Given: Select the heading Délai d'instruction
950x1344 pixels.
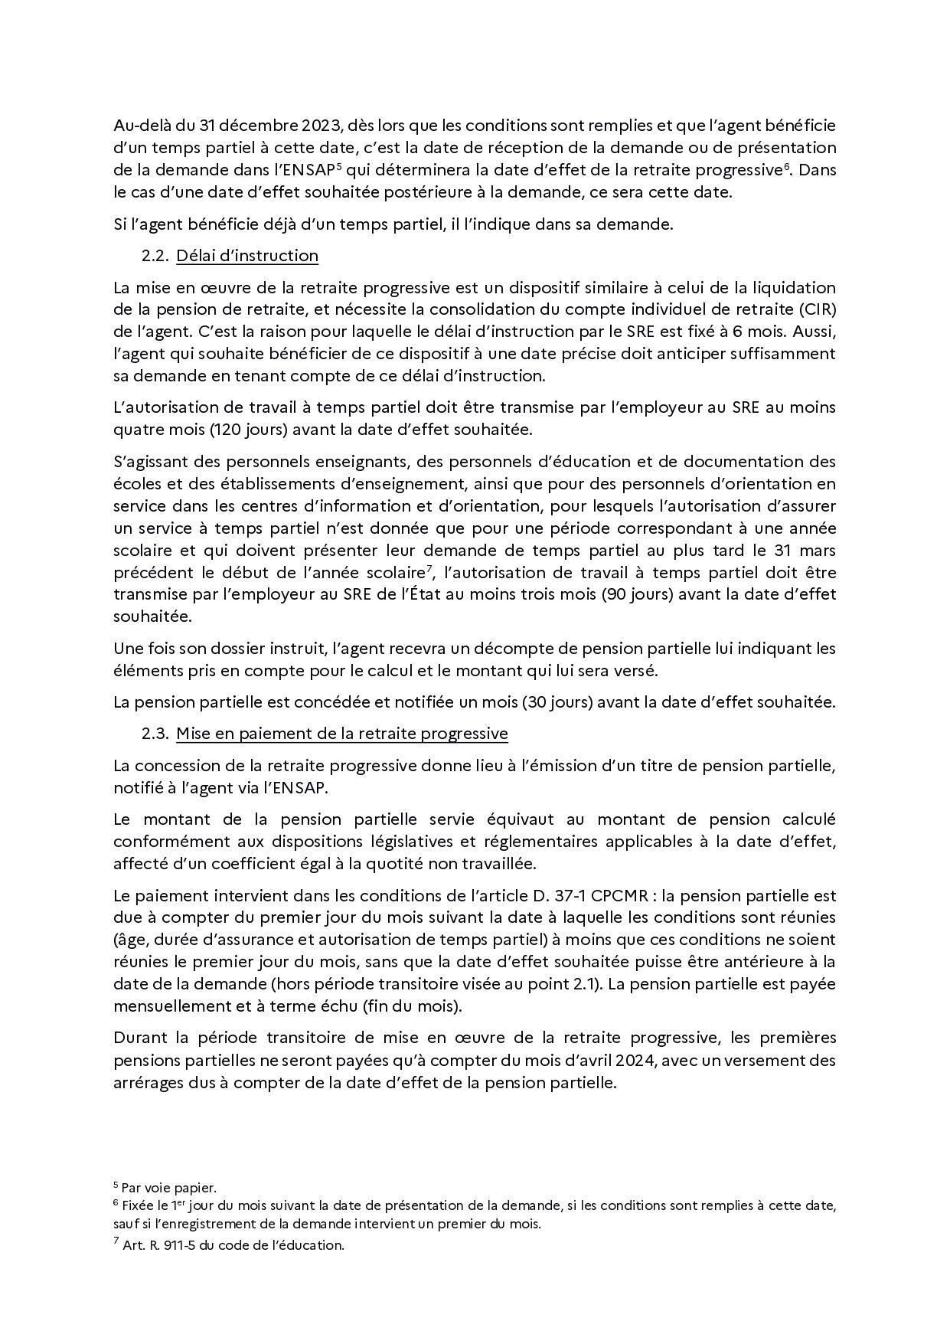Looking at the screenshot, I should (247, 256).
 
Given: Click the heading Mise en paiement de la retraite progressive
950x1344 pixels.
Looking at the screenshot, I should (342, 734).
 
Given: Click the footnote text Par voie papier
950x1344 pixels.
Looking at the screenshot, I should (169, 1189).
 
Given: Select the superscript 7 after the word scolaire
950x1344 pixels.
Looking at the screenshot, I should (432, 567).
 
